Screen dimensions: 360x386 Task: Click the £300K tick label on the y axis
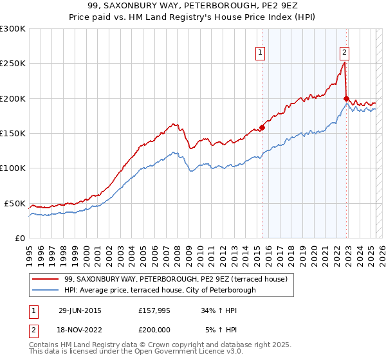13,29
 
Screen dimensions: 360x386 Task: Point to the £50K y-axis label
15,203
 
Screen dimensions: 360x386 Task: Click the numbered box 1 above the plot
261,53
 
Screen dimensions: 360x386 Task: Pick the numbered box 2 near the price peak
344,53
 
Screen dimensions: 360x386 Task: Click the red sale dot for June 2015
262,127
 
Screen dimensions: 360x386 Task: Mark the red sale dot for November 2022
346,98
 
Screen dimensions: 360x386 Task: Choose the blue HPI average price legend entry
160,290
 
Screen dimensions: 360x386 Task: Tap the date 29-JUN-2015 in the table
80,310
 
